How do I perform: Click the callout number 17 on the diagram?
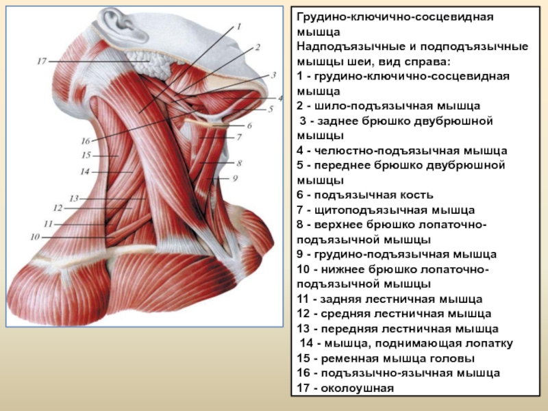click(41, 62)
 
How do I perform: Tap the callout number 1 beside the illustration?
click(239, 27)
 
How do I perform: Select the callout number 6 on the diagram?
click(249, 125)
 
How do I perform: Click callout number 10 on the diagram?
click(35, 236)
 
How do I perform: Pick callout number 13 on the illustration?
click(73, 198)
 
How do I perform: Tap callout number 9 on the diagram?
click(234, 178)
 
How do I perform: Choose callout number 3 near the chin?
click(273, 75)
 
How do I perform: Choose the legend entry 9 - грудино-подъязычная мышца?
click(397, 254)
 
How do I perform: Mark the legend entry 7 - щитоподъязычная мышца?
click(385, 210)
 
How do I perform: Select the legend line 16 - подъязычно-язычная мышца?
click(398, 373)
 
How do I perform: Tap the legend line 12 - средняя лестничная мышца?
click(394, 314)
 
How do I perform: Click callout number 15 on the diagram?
click(86, 155)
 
